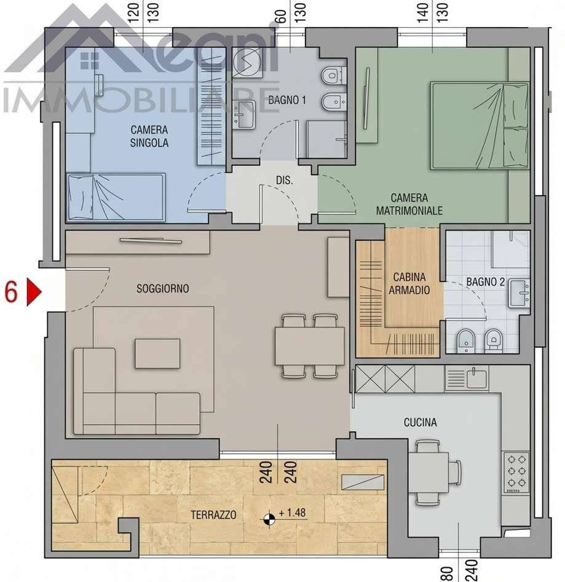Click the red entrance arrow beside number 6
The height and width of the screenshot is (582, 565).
pos(33,292)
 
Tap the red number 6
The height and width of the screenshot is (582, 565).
pos(11,292)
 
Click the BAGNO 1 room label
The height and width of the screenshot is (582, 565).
pos(287,100)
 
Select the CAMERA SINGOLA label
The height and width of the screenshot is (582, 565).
pos(149,136)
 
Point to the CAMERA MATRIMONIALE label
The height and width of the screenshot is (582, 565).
pos(409,204)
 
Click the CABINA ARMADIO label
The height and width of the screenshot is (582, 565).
pos(409,283)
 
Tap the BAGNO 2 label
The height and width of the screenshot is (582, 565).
pos(486,282)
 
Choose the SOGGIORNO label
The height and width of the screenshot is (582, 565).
pos(162,288)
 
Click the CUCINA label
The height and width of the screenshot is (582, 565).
pos(421,422)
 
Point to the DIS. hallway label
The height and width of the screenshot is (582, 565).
pos(285,181)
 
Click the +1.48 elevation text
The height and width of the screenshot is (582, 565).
pos(292,513)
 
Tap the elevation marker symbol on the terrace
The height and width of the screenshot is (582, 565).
pos(269,519)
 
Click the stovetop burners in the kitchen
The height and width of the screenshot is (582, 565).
pos(516,472)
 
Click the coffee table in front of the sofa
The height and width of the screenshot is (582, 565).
pos(158,353)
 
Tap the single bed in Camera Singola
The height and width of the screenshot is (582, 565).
pos(116,197)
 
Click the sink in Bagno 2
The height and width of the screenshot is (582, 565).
pos(520,293)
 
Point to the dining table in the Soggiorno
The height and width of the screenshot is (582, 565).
pos(310,346)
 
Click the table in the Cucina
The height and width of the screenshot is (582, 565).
pos(429,473)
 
